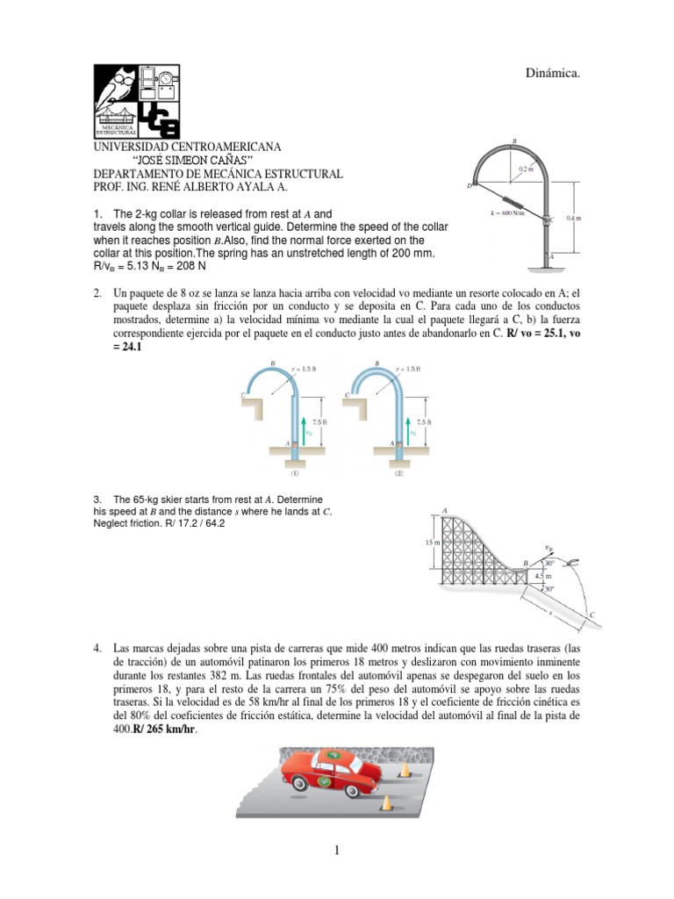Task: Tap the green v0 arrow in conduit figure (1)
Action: tap(305, 430)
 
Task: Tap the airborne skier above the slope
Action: tap(571, 561)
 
